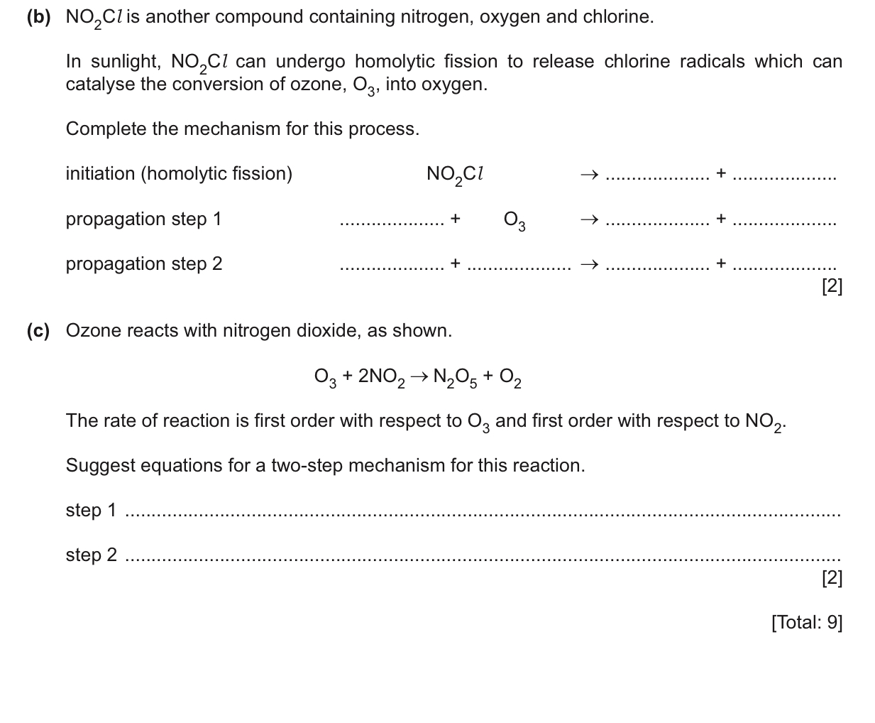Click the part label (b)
tap(39, 17)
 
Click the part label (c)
tap(39, 331)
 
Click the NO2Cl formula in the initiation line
tap(455, 175)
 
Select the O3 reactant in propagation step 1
tap(514, 220)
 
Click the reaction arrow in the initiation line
tap(589, 175)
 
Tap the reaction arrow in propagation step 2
tap(589, 265)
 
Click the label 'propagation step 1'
tap(143, 219)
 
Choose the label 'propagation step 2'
tap(143, 264)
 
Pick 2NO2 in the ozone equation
tap(381, 376)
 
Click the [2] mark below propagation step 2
tap(831, 286)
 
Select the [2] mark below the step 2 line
tap(831, 578)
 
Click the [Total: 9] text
tap(806, 623)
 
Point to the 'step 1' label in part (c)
tap(91, 511)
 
